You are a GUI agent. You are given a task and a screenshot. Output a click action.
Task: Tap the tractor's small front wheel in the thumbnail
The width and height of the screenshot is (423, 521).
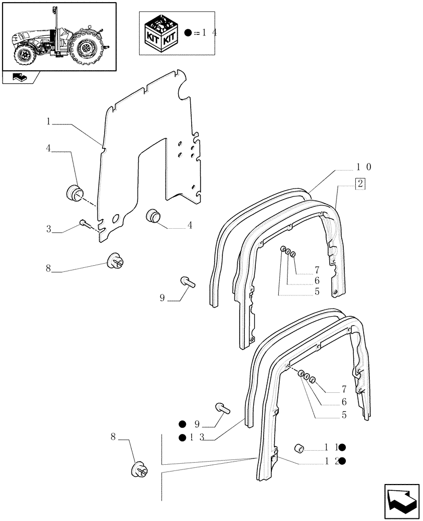(x=23, y=53)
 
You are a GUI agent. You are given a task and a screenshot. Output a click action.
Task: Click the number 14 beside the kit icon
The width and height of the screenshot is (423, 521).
(x=208, y=33)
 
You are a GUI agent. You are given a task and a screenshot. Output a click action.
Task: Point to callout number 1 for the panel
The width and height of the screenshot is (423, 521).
(x=48, y=122)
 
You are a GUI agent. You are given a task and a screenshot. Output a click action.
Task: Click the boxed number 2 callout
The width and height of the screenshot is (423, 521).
(x=360, y=183)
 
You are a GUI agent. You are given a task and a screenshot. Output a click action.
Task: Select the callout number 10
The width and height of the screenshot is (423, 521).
(x=363, y=167)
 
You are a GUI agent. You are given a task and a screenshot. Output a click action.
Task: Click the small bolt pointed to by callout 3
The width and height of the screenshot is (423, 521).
(x=84, y=224)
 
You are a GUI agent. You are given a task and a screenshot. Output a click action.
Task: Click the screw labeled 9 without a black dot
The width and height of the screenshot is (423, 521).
(x=188, y=282)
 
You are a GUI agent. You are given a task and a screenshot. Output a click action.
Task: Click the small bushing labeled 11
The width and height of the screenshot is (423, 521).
(x=300, y=448)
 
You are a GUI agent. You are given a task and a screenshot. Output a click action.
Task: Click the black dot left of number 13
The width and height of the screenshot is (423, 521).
(x=182, y=437)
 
